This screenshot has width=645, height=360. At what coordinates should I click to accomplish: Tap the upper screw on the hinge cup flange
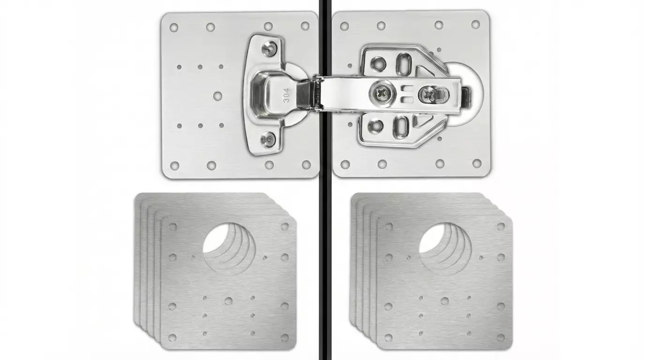269,48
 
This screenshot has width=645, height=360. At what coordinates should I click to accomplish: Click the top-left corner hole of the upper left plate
174,27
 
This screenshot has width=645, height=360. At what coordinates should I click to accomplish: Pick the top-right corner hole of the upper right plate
476,24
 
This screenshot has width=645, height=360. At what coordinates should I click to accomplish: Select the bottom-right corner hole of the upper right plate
477,163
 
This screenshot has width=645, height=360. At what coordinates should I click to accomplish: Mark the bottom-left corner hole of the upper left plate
174,165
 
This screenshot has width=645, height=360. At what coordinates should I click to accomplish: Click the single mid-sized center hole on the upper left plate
217,96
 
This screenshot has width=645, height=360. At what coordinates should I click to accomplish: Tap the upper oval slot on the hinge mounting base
404,64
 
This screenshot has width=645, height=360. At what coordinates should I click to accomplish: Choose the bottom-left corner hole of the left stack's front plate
172,337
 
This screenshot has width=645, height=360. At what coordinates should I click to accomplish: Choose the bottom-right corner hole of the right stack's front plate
501,337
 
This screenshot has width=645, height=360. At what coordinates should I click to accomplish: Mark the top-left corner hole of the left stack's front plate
172,227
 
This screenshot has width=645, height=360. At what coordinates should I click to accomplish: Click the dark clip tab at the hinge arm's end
465,95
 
